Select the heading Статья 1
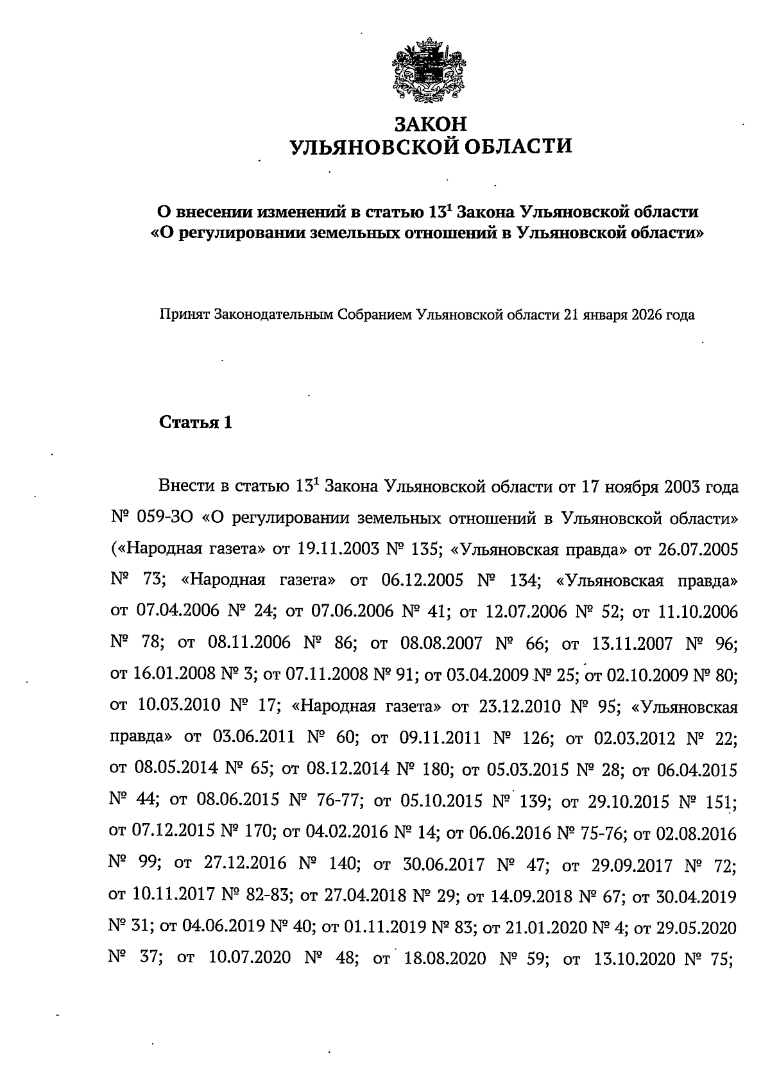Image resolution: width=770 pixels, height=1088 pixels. click(x=195, y=423)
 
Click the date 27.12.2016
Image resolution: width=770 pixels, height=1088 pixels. click(x=245, y=863)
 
